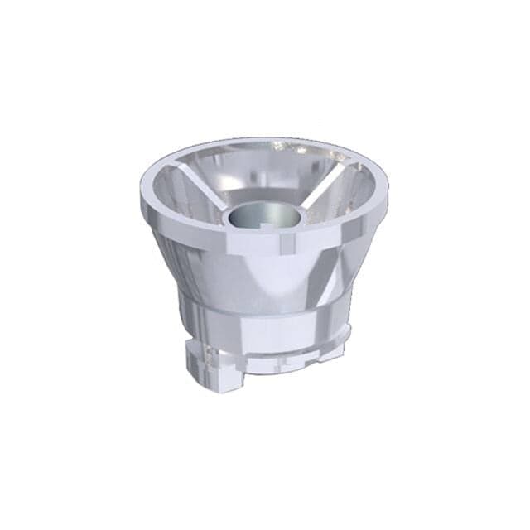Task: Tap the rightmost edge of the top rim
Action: [386, 192]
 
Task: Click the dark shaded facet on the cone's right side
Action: [344, 265]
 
